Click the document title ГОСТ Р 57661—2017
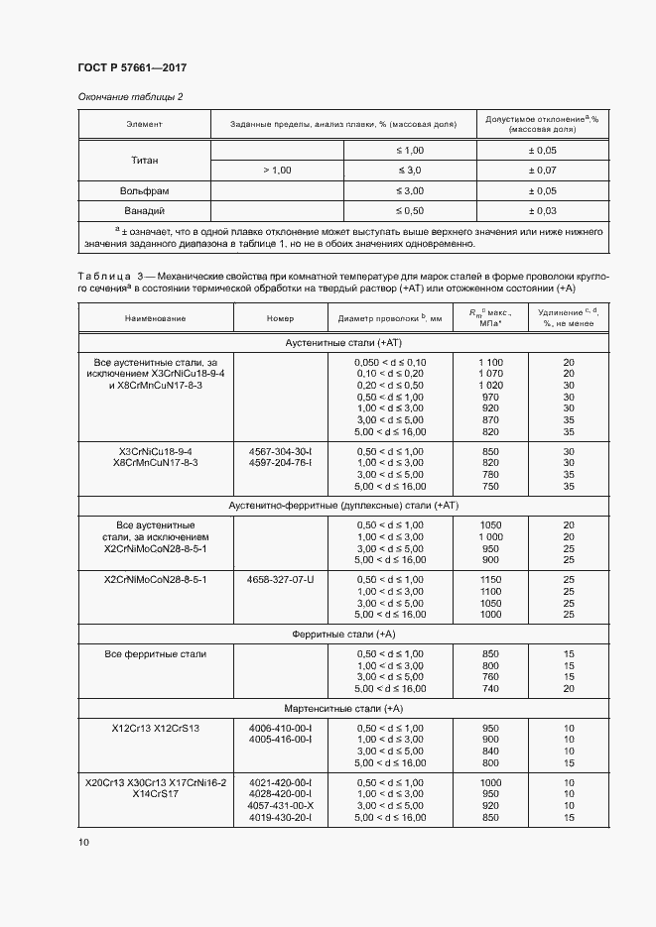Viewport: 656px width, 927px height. (132, 67)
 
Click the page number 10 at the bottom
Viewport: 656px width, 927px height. (82, 842)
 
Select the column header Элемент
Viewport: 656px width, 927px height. (144, 124)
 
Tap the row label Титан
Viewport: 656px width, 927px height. (145, 160)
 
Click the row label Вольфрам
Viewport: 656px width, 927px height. (145, 190)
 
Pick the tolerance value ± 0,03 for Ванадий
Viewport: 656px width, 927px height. (541, 211)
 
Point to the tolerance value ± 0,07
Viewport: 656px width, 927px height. (541, 171)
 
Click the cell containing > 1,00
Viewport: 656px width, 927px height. (277, 171)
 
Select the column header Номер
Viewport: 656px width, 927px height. (281, 318)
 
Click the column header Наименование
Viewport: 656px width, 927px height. (155, 318)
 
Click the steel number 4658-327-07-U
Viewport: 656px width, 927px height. (281, 579)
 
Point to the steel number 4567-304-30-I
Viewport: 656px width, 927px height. (281, 450)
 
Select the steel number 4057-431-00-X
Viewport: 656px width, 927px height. (281, 805)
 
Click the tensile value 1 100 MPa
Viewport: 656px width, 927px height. (490, 362)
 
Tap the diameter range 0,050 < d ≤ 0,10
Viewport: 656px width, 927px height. (389, 362)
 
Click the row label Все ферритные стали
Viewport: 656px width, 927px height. (155, 654)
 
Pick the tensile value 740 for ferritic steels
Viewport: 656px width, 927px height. (490, 688)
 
